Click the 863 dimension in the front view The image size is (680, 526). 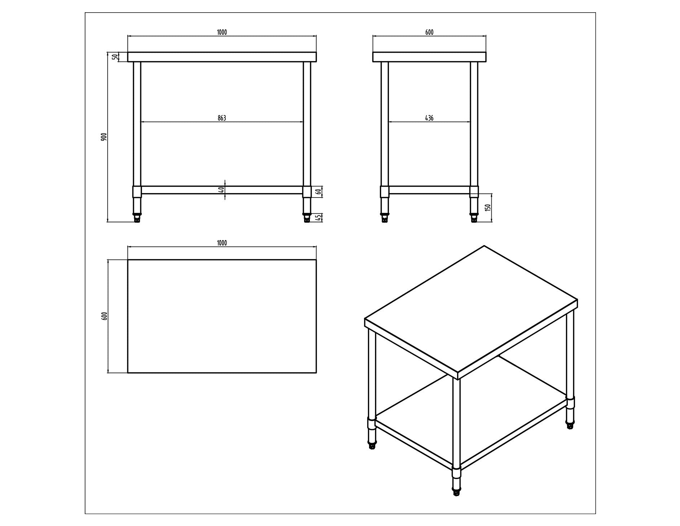click(221, 118)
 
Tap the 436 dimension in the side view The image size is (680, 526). click(429, 118)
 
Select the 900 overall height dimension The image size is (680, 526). click(104, 137)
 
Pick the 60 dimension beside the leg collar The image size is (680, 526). click(319, 191)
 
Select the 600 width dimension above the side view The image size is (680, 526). click(429, 32)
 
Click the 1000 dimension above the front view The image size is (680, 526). click(221, 32)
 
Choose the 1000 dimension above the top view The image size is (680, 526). click(221, 243)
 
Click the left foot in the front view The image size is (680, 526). click(137, 219)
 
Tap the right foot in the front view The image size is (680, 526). click(307, 219)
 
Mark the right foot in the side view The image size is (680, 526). click(474, 218)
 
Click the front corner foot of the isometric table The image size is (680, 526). click(456, 492)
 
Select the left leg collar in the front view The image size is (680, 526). click(137, 192)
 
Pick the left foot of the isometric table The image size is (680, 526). click(372, 446)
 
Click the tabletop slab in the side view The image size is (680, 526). click(429, 57)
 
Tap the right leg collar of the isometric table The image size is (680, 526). click(570, 402)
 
